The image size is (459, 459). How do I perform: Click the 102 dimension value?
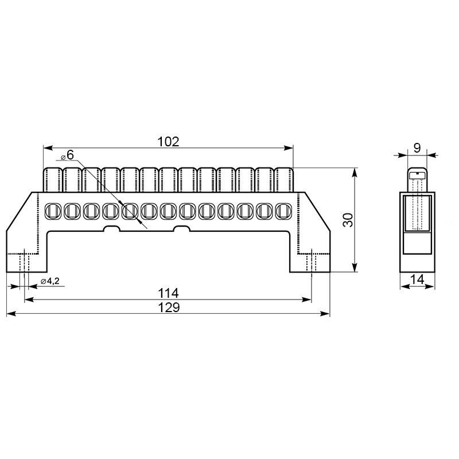coord(168,142)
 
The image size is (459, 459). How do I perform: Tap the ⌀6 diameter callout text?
coord(68,155)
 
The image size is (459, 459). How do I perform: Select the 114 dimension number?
coord(168,293)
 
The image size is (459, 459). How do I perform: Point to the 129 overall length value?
coord(169,308)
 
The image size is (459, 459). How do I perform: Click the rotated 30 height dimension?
coord(348,220)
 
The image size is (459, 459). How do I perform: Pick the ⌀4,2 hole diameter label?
coord(50,281)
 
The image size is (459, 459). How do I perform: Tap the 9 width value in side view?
coord(417,148)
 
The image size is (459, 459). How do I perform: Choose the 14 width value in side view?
coord(417,279)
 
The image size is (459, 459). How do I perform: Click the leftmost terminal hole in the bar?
coord(53,211)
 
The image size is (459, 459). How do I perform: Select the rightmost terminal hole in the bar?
coord(283,211)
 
